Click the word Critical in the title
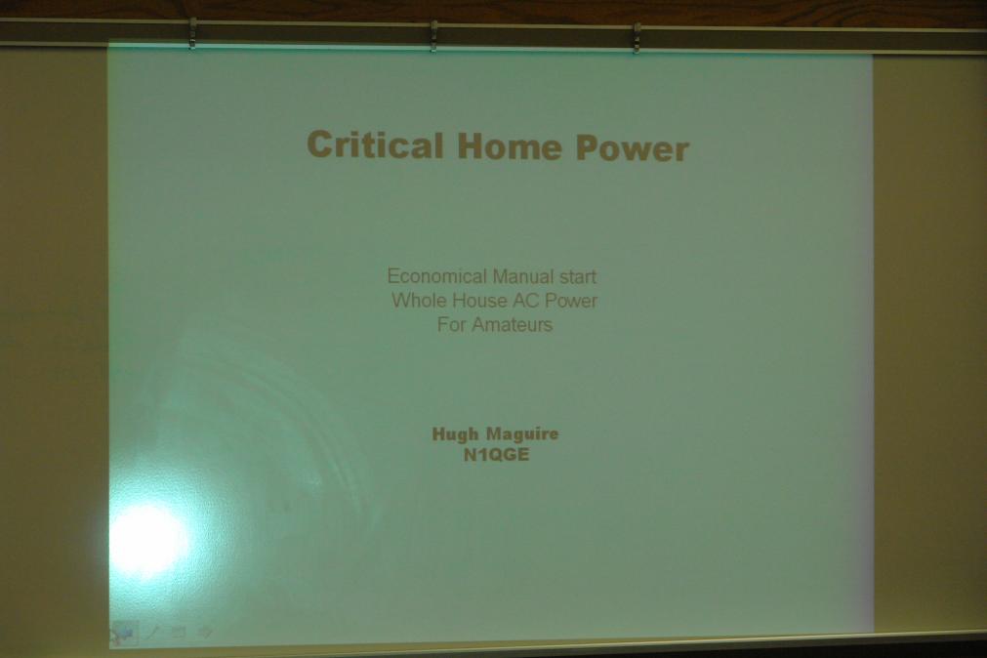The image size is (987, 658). tap(375, 144)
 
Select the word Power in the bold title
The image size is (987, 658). tap(632, 148)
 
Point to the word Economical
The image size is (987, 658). tap(436, 275)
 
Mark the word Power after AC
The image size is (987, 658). tap(571, 301)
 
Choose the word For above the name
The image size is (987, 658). tap(452, 324)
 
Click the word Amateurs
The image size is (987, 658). tap(513, 325)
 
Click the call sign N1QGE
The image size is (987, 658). tap(496, 455)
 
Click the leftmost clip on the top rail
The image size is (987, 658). tap(192, 33)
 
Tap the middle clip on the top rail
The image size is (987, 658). tap(433, 36)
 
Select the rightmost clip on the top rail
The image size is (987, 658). tap(637, 38)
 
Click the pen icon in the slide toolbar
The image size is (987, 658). tap(153, 632)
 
